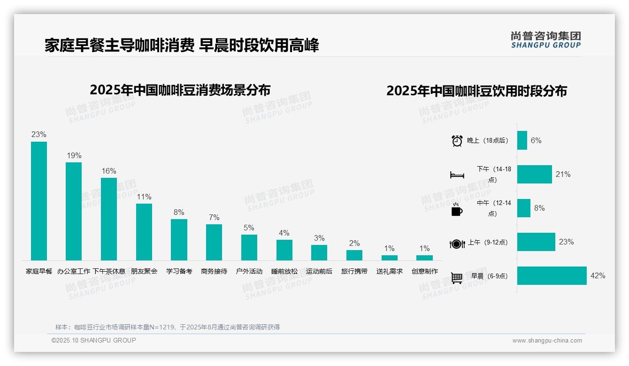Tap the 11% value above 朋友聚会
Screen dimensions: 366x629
(x=144, y=197)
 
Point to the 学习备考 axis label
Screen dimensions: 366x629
(x=179, y=271)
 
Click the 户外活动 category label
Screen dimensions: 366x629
(x=249, y=271)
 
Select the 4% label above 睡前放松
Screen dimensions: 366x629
(x=284, y=233)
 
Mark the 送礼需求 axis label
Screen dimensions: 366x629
(x=389, y=271)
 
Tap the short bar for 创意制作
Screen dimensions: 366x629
(x=424, y=258)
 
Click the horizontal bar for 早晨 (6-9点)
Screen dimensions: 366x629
(x=552, y=276)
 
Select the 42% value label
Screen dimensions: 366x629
(x=598, y=276)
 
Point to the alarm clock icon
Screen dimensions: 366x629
(x=457, y=141)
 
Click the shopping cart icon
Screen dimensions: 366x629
(x=457, y=278)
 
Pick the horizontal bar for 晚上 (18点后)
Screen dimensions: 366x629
(x=522, y=140)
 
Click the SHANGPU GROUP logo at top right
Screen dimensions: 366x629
(x=545, y=40)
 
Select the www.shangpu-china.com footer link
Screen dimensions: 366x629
(x=547, y=341)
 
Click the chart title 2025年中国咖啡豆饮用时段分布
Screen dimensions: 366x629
(x=476, y=91)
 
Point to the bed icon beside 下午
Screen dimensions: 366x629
(x=457, y=175)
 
